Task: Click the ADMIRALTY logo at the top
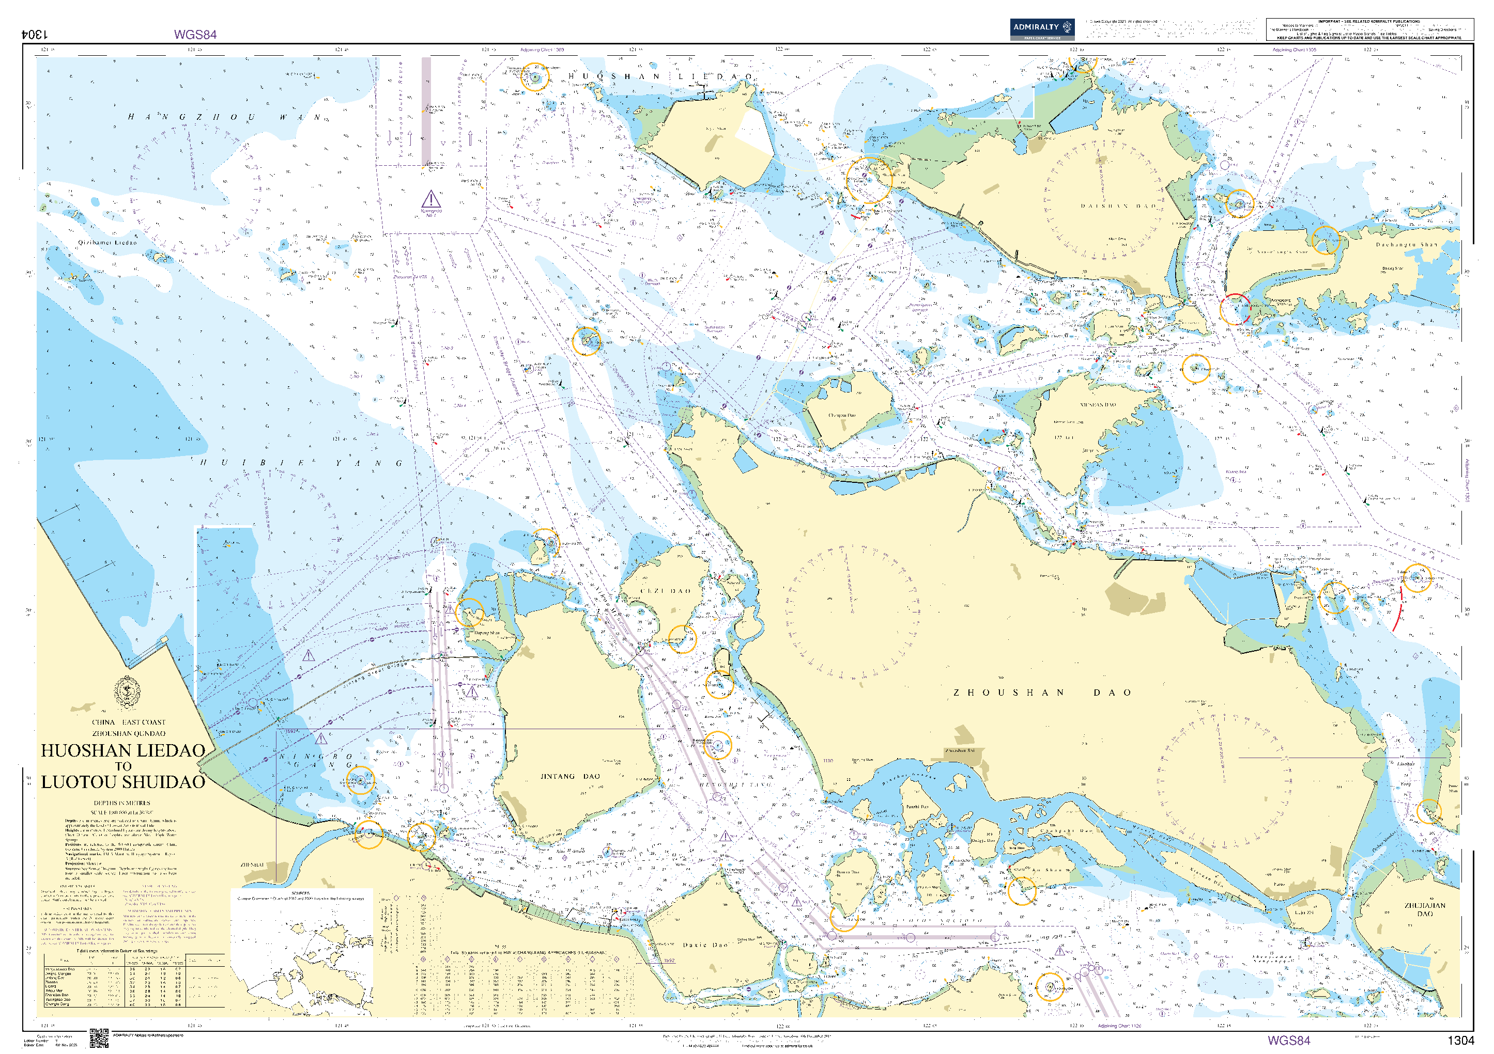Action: (1042, 28)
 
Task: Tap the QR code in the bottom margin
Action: (99, 1038)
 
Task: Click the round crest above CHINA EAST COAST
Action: (127, 693)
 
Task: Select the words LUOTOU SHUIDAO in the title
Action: (123, 782)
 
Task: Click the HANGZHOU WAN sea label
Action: (224, 118)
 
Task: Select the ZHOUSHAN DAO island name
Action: (1042, 693)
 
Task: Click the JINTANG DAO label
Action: (570, 776)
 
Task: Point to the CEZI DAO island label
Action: (666, 591)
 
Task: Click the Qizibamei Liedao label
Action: (107, 243)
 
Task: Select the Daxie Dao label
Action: (705, 945)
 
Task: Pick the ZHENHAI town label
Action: (253, 865)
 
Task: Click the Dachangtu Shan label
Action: (1406, 245)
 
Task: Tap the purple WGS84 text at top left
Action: (195, 35)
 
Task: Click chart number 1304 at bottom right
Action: (1460, 1041)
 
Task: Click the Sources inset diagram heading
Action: (301, 893)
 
